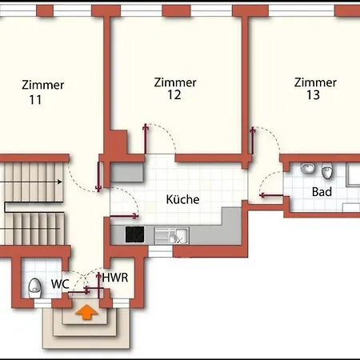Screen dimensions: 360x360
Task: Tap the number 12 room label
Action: (x=174, y=95)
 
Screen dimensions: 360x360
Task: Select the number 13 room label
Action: (x=313, y=95)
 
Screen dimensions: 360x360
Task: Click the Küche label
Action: (x=182, y=199)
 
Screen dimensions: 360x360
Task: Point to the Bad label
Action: (x=322, y=192)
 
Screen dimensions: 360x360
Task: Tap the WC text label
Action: (x=59, y=284)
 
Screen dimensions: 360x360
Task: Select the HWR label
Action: (x=113, y=278)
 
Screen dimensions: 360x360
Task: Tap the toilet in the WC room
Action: (x=34, y=287)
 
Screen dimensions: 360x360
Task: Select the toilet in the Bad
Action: (x=326, y=172)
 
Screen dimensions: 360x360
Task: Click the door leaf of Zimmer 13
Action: (x=252, y=142)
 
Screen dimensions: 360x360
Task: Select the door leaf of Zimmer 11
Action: (x=98, y=178)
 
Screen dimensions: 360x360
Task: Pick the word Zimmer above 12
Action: (x=174, y=82)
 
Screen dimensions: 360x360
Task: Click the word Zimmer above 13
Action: (x=314, y=82)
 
